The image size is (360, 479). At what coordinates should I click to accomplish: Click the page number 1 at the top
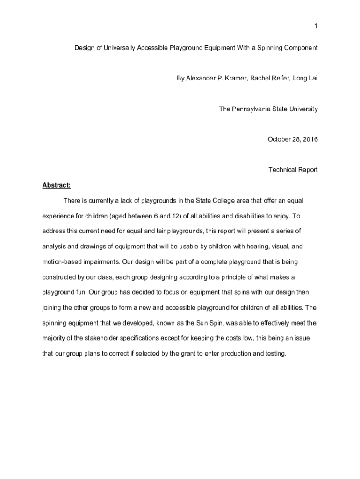pyautogui.click(x=316, y=26)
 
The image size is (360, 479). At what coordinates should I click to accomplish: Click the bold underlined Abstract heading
pyautogui.click(x=56, y=185)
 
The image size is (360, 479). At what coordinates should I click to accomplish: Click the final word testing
pyautogui.click(x=274, y=353)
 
